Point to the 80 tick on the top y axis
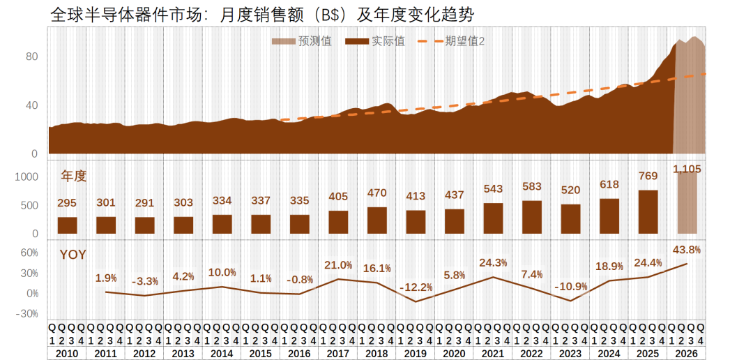coord(31,57)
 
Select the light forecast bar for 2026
coord(687,203)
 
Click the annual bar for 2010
coord(67,225)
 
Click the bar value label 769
coord(648,177)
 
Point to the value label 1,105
coord(687,169)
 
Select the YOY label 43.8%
coord(687,250)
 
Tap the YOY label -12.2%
coord(416,287)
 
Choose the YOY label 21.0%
coord(338,265)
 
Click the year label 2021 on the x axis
coord(493,353)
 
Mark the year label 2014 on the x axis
coord(222,353)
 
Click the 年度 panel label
coord(74,176)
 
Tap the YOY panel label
coord(73,255)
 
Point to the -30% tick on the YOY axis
coord(27,314)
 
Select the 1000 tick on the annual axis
coord(26,177)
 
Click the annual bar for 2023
coord(570,219)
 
